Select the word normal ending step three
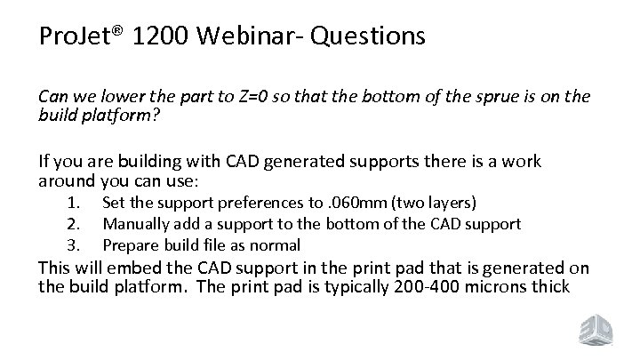coord(277,244)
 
